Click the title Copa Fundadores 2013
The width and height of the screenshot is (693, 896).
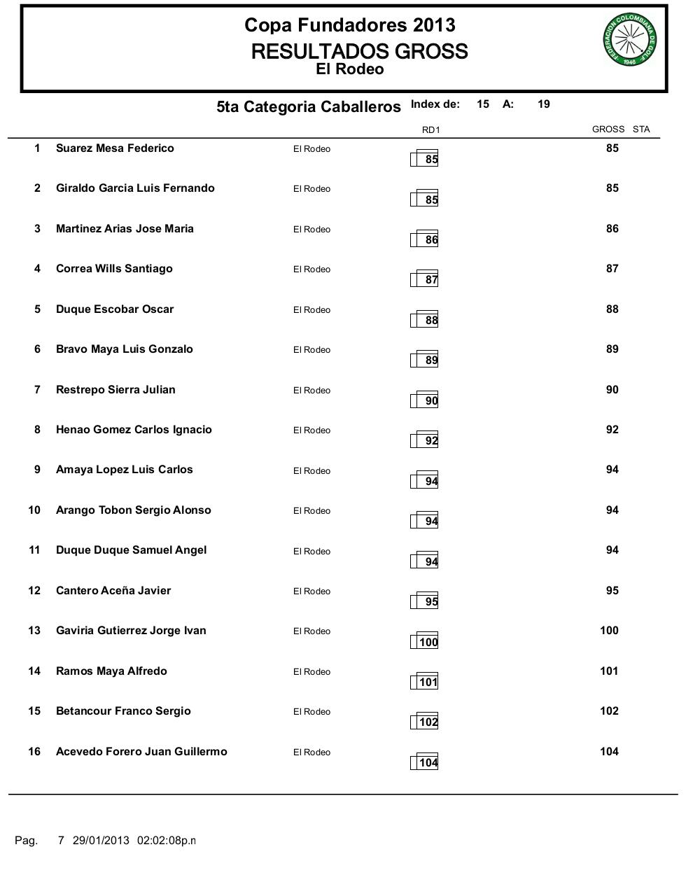349,25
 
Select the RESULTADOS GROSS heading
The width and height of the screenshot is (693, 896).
359,51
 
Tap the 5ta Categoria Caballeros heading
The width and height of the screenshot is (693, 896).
309,106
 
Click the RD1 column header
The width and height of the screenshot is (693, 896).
430,129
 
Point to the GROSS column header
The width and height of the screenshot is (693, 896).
608,129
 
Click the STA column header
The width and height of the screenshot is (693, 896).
641,129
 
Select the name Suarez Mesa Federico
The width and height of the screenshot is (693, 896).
115,148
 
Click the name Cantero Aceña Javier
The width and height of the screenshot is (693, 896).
113,591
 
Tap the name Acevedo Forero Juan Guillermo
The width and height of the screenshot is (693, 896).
141,752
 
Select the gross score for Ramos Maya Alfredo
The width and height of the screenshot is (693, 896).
609,671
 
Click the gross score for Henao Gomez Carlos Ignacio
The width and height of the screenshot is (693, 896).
612,430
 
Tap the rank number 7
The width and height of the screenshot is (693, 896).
37,390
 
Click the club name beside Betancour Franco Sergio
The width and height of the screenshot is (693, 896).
311,712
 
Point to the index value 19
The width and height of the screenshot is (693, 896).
544,104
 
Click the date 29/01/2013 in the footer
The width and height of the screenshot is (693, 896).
101,840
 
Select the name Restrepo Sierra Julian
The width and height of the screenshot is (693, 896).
115,390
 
